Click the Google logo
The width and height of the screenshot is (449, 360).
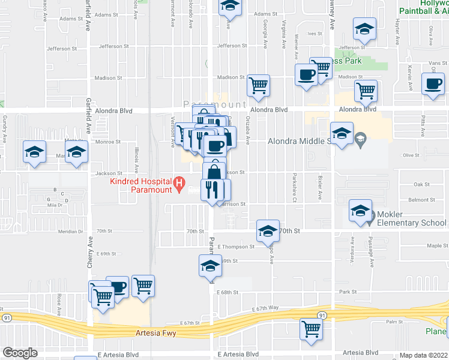(x=20, y=352)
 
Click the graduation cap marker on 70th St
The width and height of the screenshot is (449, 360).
(x=267, y=230)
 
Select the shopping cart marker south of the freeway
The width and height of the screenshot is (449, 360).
(x=312, y=328)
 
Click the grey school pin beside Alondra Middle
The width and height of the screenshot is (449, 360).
(x=360, y=141)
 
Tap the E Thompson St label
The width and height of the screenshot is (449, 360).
(x=237, y=247)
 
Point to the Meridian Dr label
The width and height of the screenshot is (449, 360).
(x=71, y=231)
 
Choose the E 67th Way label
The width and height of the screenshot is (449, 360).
(x=266, y=307)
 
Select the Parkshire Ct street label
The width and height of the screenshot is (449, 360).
(x=295, y=188)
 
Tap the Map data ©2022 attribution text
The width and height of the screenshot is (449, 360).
(x=424, y=355)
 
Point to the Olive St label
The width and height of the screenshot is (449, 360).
(x=411, y=155)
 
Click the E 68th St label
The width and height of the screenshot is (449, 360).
(x=228, y=292)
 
